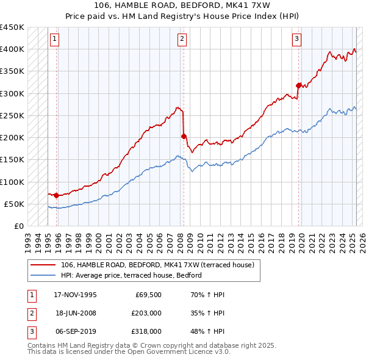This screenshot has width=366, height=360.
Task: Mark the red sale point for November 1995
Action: click(56, 195)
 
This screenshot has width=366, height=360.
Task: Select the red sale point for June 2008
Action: click(184, 136)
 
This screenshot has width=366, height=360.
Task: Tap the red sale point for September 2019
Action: click(298, 85)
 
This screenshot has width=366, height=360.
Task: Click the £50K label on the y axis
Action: click(13, 204)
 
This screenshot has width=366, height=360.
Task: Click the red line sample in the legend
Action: click(44, 264)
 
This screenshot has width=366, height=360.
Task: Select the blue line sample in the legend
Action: click(44, 275)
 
